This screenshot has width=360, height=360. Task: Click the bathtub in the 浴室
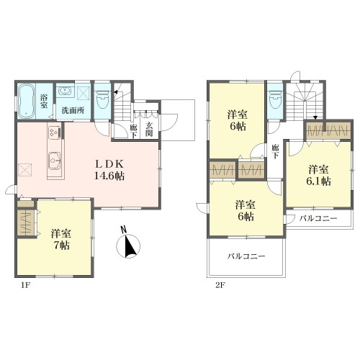[26, 101]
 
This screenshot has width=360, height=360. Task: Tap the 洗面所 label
[73, 110]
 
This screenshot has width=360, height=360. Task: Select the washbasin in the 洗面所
[65, 91]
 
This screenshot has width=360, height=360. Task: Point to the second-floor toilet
[276, 99]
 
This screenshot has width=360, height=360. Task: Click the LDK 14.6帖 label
[109, 171]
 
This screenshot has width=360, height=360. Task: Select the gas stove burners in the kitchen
[55, 132]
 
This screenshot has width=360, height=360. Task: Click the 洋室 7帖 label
[60, 240]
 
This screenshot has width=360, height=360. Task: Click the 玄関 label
[149, 129]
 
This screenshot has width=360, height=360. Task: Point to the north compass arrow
[130, 245]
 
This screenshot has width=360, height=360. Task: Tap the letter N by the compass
[124, 230]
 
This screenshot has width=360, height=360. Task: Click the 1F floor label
[25, 285]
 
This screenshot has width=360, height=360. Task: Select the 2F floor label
[220, 285]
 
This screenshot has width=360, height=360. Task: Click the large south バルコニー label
[246, 256]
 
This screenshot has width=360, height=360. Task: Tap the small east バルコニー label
[318, 218]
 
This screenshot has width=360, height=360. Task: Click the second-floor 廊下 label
[275, 152]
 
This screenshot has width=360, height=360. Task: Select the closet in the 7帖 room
[25, 223]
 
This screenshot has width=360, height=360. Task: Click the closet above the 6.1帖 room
[328, 130]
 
